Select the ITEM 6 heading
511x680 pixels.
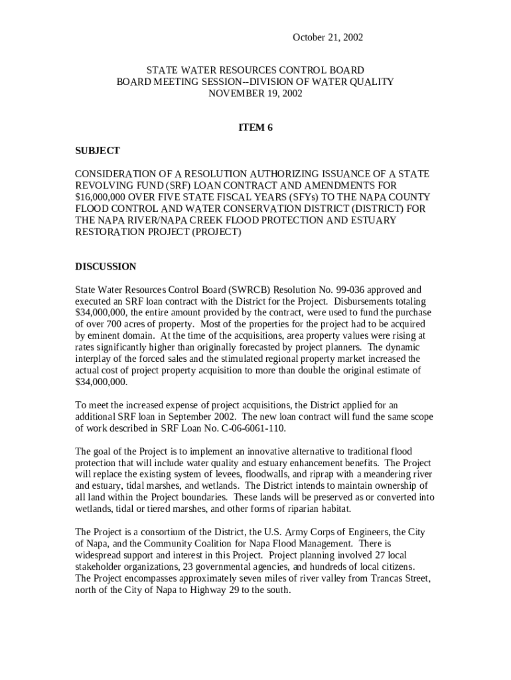tap(256, 127)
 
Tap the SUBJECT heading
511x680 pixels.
tap(98, 151)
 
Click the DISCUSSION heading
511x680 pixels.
tap(106, 266)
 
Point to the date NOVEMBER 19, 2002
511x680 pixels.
tap(256, 93)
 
